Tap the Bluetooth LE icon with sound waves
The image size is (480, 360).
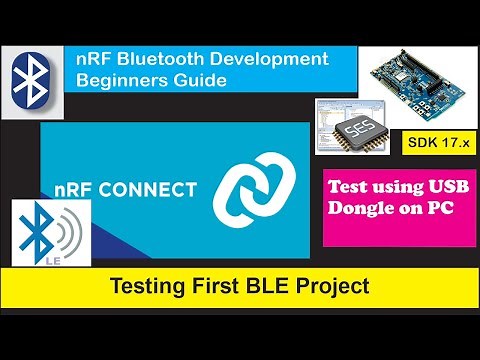(44, 236)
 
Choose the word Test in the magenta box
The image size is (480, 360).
(353, 187)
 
